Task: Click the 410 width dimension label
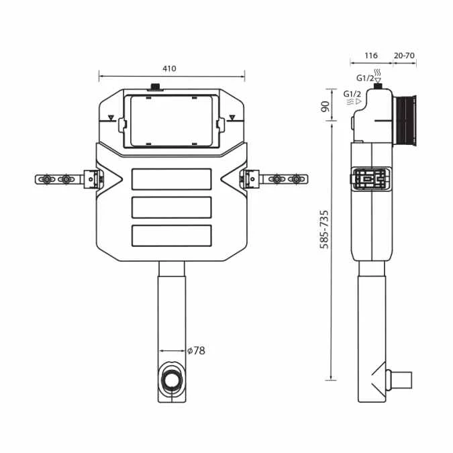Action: pos(169,68)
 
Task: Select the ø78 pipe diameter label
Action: pos(196,350)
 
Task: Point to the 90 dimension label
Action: pos(325,107)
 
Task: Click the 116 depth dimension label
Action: pos(371,56)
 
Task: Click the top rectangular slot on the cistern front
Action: pos(172,180)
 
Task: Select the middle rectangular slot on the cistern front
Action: pos(172,207)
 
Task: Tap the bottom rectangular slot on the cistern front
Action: pos(172,235)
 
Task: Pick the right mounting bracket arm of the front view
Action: pos(276,179)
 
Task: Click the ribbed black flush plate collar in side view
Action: pos(405,121)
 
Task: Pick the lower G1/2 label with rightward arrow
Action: pos(353,94)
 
